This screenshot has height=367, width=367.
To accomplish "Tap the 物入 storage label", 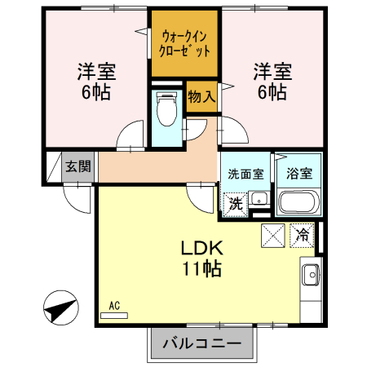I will click(201, 96).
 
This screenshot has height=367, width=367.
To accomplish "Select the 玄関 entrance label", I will click(79, 166).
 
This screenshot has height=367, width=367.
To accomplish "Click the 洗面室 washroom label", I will click(245, 173).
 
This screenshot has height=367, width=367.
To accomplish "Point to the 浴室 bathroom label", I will click(298, 173).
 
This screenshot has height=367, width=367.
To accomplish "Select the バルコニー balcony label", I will click(201, 343).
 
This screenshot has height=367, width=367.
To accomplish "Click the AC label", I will click(114, 306).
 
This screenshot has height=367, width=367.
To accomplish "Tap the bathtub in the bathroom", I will click(298, 201).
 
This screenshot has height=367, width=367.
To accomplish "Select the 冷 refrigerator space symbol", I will click(302, 236).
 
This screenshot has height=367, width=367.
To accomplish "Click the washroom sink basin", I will click(259, 199).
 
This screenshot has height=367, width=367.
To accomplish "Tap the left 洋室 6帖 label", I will click(96, 81).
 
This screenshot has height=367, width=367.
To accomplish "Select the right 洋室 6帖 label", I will click(268, 81).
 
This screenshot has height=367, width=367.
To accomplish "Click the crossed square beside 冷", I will click(273, 236).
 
